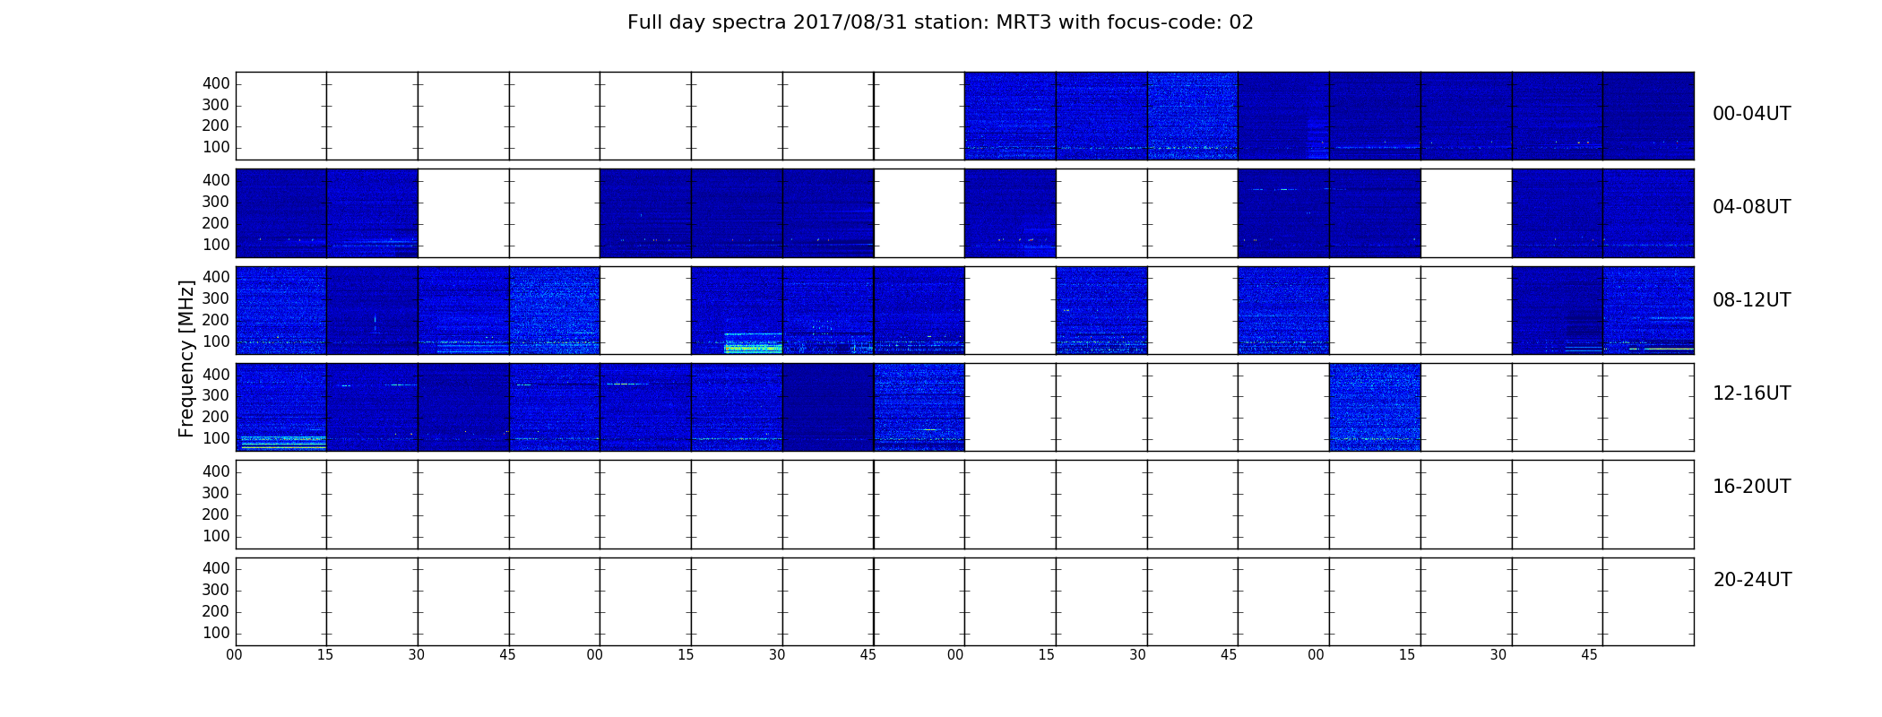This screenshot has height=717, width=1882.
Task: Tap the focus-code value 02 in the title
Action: click(x=1240, y=22)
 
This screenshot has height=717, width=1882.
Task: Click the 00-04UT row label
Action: click(x=1751, y=114)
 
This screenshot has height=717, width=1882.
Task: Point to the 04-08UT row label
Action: click(x=1751, y=207)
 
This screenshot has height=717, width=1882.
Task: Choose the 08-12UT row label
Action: click(x=1751, y=300)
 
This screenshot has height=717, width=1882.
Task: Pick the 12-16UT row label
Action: click(x=1751, y=393)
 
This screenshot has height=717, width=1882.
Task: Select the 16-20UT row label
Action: click(x=1751, y=487)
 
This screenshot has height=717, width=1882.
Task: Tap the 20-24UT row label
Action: click(x=1752, y=580)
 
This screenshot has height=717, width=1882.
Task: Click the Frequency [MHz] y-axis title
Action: click(x=186, y=358)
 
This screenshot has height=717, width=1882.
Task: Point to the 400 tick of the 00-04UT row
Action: click(x=216, y=83)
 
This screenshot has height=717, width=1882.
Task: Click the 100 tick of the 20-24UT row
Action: click(x=216, y=633)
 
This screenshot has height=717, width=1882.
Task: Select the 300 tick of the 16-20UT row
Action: click(x=216, y=493)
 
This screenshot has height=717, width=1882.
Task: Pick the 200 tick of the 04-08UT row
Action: click(x=216, y=223)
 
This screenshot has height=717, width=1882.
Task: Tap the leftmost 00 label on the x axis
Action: click(x=234, y=655)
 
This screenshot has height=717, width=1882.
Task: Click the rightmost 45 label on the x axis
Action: click(x=1589, y=655)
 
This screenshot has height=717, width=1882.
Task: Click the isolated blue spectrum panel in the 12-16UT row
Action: click(x=1375, y=407)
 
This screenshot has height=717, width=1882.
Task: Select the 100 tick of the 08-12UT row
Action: click(x=216, y=341)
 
